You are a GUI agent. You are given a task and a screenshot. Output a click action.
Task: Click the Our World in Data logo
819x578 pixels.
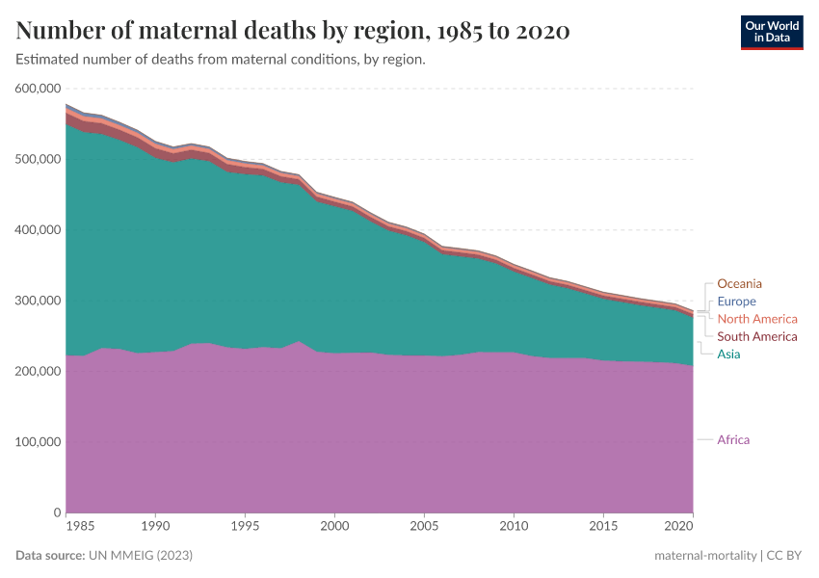tap(771, 32)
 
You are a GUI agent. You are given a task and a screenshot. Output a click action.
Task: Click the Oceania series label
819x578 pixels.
tap(739, 283)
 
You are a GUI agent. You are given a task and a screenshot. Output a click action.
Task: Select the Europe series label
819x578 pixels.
tap(736, 302)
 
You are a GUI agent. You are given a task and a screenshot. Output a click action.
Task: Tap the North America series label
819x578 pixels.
tap(757, 319)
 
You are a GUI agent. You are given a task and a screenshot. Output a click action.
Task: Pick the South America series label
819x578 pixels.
tap(757, 336)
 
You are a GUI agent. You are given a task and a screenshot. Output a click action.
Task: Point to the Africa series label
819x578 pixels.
tap(733, 440)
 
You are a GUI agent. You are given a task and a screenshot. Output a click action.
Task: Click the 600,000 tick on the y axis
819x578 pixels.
tap(40, 89)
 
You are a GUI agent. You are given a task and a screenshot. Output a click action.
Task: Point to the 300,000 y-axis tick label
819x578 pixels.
tap(40, 301)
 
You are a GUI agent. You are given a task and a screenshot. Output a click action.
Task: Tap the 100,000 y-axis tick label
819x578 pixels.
tap(40, 442)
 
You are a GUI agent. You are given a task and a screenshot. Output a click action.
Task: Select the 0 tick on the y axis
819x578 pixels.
tap(58, 512)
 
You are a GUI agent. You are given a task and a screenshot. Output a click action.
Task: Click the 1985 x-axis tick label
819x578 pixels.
tap(81, 528)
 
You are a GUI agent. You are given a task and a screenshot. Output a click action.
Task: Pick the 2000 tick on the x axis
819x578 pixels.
tap(334, 528)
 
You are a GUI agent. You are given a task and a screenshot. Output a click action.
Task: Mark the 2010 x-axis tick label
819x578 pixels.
tap(514, 528)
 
